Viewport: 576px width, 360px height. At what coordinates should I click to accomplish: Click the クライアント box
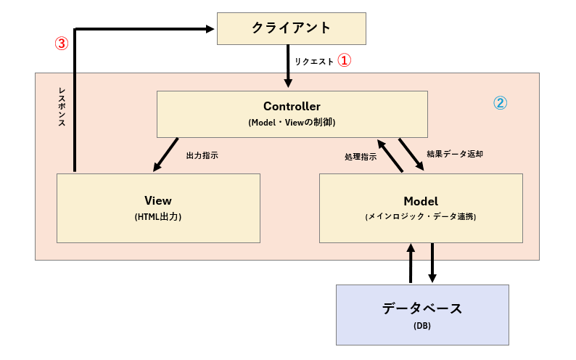tap(291, 28)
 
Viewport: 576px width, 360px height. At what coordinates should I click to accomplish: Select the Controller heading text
tap(292, 107)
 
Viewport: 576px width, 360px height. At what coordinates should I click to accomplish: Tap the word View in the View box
tap(157, 200)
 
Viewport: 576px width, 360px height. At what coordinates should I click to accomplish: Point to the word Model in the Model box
tap(421, 200)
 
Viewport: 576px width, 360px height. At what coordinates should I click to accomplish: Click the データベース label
tap(422, 308)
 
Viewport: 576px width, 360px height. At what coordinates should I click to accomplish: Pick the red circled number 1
tap(345, 61)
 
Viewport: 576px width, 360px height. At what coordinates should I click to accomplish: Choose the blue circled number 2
tap(501, 103)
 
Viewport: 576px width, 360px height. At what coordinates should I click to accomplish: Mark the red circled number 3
tap(62, 43)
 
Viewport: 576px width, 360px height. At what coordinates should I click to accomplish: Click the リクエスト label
tap(314, 62)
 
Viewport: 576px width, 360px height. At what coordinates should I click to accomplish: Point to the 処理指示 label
tap(361, 157)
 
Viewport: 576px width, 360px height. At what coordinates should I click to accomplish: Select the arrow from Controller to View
tap(166, 154)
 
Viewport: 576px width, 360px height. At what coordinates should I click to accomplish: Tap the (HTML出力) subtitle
tap(157, 216)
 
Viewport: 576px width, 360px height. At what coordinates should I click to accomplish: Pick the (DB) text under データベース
tap(422, 326)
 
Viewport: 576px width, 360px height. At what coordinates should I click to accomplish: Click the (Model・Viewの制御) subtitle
tap(292, 123)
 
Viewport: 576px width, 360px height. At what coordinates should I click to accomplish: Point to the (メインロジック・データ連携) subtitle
tap(421, 216)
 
